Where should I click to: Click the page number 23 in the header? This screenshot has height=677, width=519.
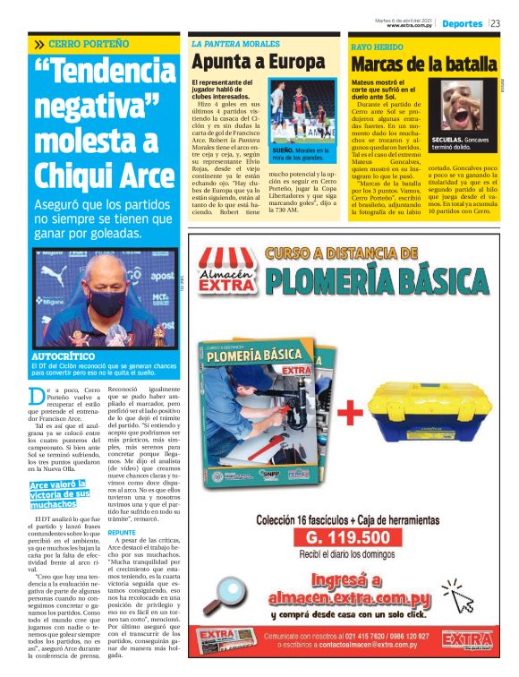click(x=495, y=23)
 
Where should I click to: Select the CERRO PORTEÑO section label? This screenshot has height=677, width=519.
click(x=89, y=43)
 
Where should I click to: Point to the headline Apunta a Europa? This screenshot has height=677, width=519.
click(x=258, y=62)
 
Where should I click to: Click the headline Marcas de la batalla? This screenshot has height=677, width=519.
click(x=422, y=64)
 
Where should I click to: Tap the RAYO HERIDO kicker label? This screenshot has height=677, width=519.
click(x=377, y=45)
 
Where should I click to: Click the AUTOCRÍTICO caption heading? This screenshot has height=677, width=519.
click(x=69, y=356)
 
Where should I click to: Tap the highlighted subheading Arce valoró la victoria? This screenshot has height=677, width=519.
click(x=59, y=493)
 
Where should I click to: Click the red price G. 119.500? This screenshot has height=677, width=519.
click(x=347, y=537)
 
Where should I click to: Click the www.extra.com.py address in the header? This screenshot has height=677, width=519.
click(x=404, y=26)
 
